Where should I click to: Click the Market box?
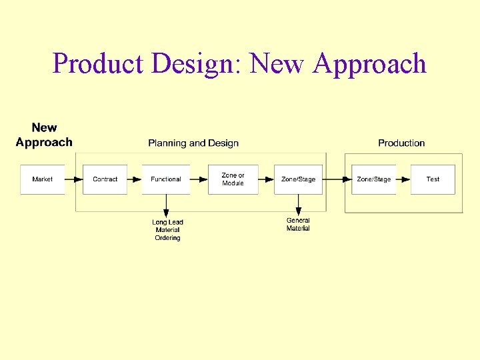42,179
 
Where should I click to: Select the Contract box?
105,179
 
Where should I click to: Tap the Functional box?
165,179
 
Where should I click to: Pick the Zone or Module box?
233,179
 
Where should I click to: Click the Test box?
433,179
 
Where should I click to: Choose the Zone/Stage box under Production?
373,179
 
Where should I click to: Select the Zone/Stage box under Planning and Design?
298,179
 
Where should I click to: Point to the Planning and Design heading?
193,143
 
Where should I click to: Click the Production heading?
401,143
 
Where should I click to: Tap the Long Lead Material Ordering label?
167,230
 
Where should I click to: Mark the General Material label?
298,225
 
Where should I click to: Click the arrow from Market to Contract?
74,179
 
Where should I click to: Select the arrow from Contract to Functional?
134,179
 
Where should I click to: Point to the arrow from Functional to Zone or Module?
199,179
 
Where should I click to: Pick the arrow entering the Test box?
403,179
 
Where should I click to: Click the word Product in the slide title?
99,64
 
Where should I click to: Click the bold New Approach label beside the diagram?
44,135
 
